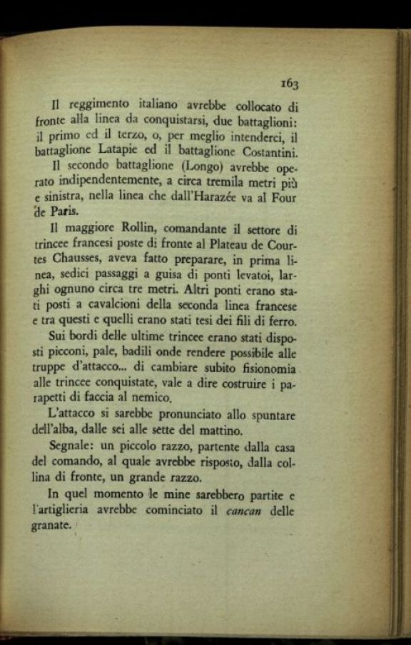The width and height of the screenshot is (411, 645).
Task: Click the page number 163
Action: [289, 84]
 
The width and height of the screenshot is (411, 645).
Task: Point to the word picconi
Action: [76, 354]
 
